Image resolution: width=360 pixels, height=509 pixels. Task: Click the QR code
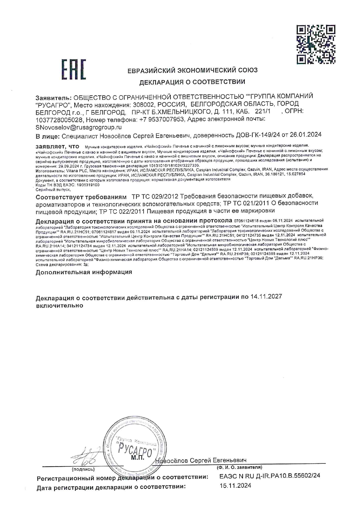point(316,44)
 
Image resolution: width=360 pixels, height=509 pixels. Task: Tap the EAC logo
point(74,69)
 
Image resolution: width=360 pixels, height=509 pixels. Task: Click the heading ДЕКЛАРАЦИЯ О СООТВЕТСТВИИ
point(192,82)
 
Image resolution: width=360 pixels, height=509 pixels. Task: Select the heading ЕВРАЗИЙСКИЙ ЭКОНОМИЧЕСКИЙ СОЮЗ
point(192,70)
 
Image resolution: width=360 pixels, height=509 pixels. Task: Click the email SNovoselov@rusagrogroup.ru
point(78,127)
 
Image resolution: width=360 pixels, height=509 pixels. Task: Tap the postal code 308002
point(142,104)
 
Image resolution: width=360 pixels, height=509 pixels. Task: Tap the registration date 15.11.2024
point(235,485)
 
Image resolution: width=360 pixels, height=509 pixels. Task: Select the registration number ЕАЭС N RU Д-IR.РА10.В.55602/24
point(270,476)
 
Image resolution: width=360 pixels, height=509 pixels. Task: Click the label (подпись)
point(83,469)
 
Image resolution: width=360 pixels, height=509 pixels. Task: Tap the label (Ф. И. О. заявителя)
point(239,467)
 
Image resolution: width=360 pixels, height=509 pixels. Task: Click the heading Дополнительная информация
point(84,272)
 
